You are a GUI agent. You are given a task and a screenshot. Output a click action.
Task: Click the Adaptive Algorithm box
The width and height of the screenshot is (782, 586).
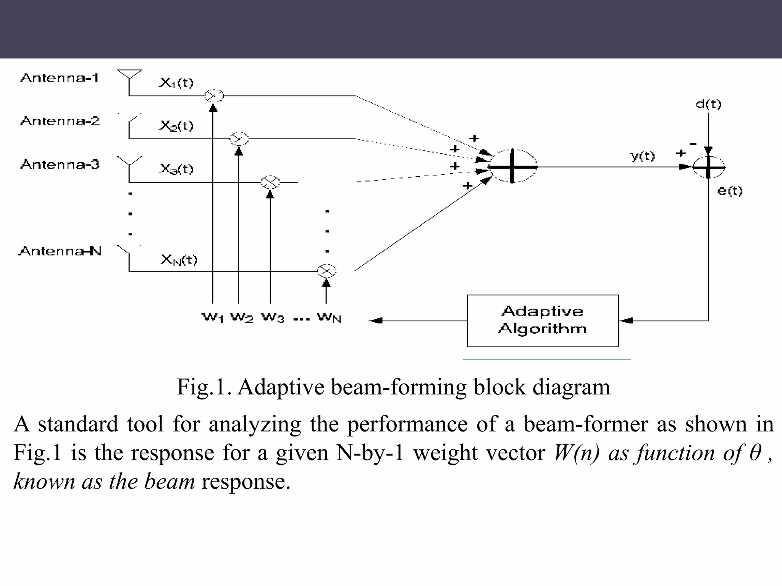pyautogui.click(x=543, y=320)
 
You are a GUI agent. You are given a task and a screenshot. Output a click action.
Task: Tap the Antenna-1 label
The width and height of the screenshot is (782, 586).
pyautogui.click(x=60, y=78)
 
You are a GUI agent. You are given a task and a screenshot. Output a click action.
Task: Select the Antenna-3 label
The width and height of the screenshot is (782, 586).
pyautogui.click(x=60, y=164)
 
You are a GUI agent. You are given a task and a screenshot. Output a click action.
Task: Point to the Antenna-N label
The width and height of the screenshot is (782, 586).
pyautogui.click(x=60, y=251)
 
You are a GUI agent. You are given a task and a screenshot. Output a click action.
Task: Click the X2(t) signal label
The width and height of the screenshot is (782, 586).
pyautogui.click(x=176, y=126)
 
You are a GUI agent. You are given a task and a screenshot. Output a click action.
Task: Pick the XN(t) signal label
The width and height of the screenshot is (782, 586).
pyautogui.click(x=179, y=260)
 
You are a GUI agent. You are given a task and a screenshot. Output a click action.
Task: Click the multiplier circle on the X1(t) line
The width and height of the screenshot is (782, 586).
pyautogui.click(x=213, y=95)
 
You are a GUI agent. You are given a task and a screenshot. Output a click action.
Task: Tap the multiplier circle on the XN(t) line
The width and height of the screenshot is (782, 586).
pyautogui.click(x=326, y=271)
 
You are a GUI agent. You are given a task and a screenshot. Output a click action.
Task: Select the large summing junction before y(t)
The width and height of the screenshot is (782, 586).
pyautogui.click(x=512, y=166)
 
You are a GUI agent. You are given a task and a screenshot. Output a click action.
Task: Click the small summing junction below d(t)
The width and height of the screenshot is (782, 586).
pyautogui.click(x=708, y=167)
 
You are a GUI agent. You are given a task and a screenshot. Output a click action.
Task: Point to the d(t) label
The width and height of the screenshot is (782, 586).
pyautogui.click(x=708, y=104)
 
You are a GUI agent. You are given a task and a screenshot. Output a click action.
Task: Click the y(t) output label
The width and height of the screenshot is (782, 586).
pyautogui.click(x=642, y=156)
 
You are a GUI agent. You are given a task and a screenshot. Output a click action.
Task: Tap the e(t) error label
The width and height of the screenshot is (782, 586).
pyautogui.click(x=730, y=190)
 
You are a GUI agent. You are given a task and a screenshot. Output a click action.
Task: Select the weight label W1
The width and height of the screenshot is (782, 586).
pyautogui.click(x=212, y=317)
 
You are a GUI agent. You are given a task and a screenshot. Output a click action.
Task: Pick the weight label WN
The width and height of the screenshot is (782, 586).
pyautogui.click(x=329, y=317)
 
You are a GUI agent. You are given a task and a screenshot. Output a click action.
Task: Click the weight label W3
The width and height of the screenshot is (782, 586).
pyautogui.click(x=273, y=317)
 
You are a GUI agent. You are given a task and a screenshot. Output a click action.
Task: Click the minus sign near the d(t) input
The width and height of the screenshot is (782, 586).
pyautogui.click(x=693, y=144)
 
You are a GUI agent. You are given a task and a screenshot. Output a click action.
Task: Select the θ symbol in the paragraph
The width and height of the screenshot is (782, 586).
pyautogui.click(x=755, y=453)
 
